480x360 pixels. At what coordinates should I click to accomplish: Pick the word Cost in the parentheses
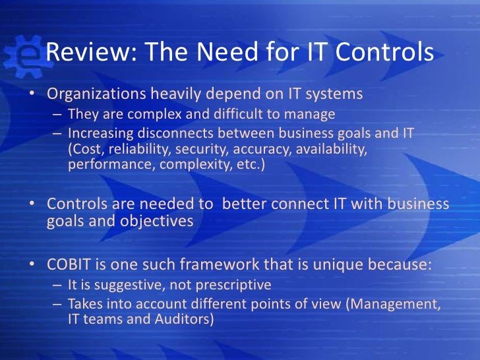click(86, 148)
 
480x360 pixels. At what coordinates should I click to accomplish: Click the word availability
click(331, 148)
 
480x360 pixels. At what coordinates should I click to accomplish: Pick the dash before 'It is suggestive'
click(57, 286)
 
